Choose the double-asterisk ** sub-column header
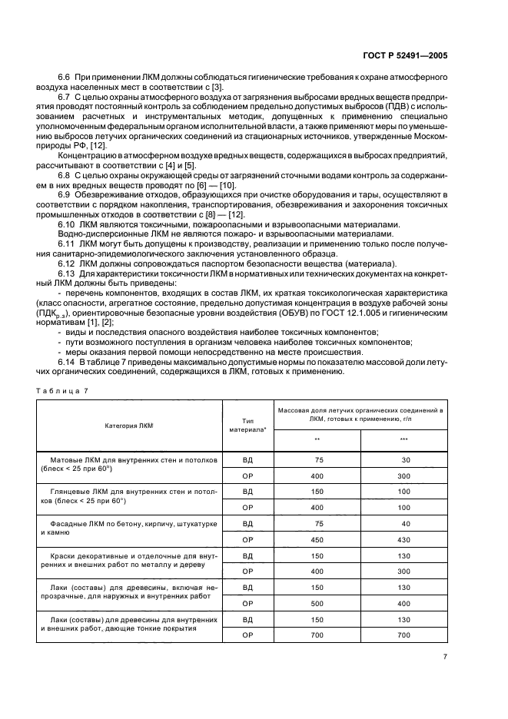point(317,439)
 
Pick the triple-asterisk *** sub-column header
point(404,439)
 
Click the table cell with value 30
point(405,459)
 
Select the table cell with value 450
point(318,538)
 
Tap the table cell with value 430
point(405,538)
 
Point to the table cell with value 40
point(405,523)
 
